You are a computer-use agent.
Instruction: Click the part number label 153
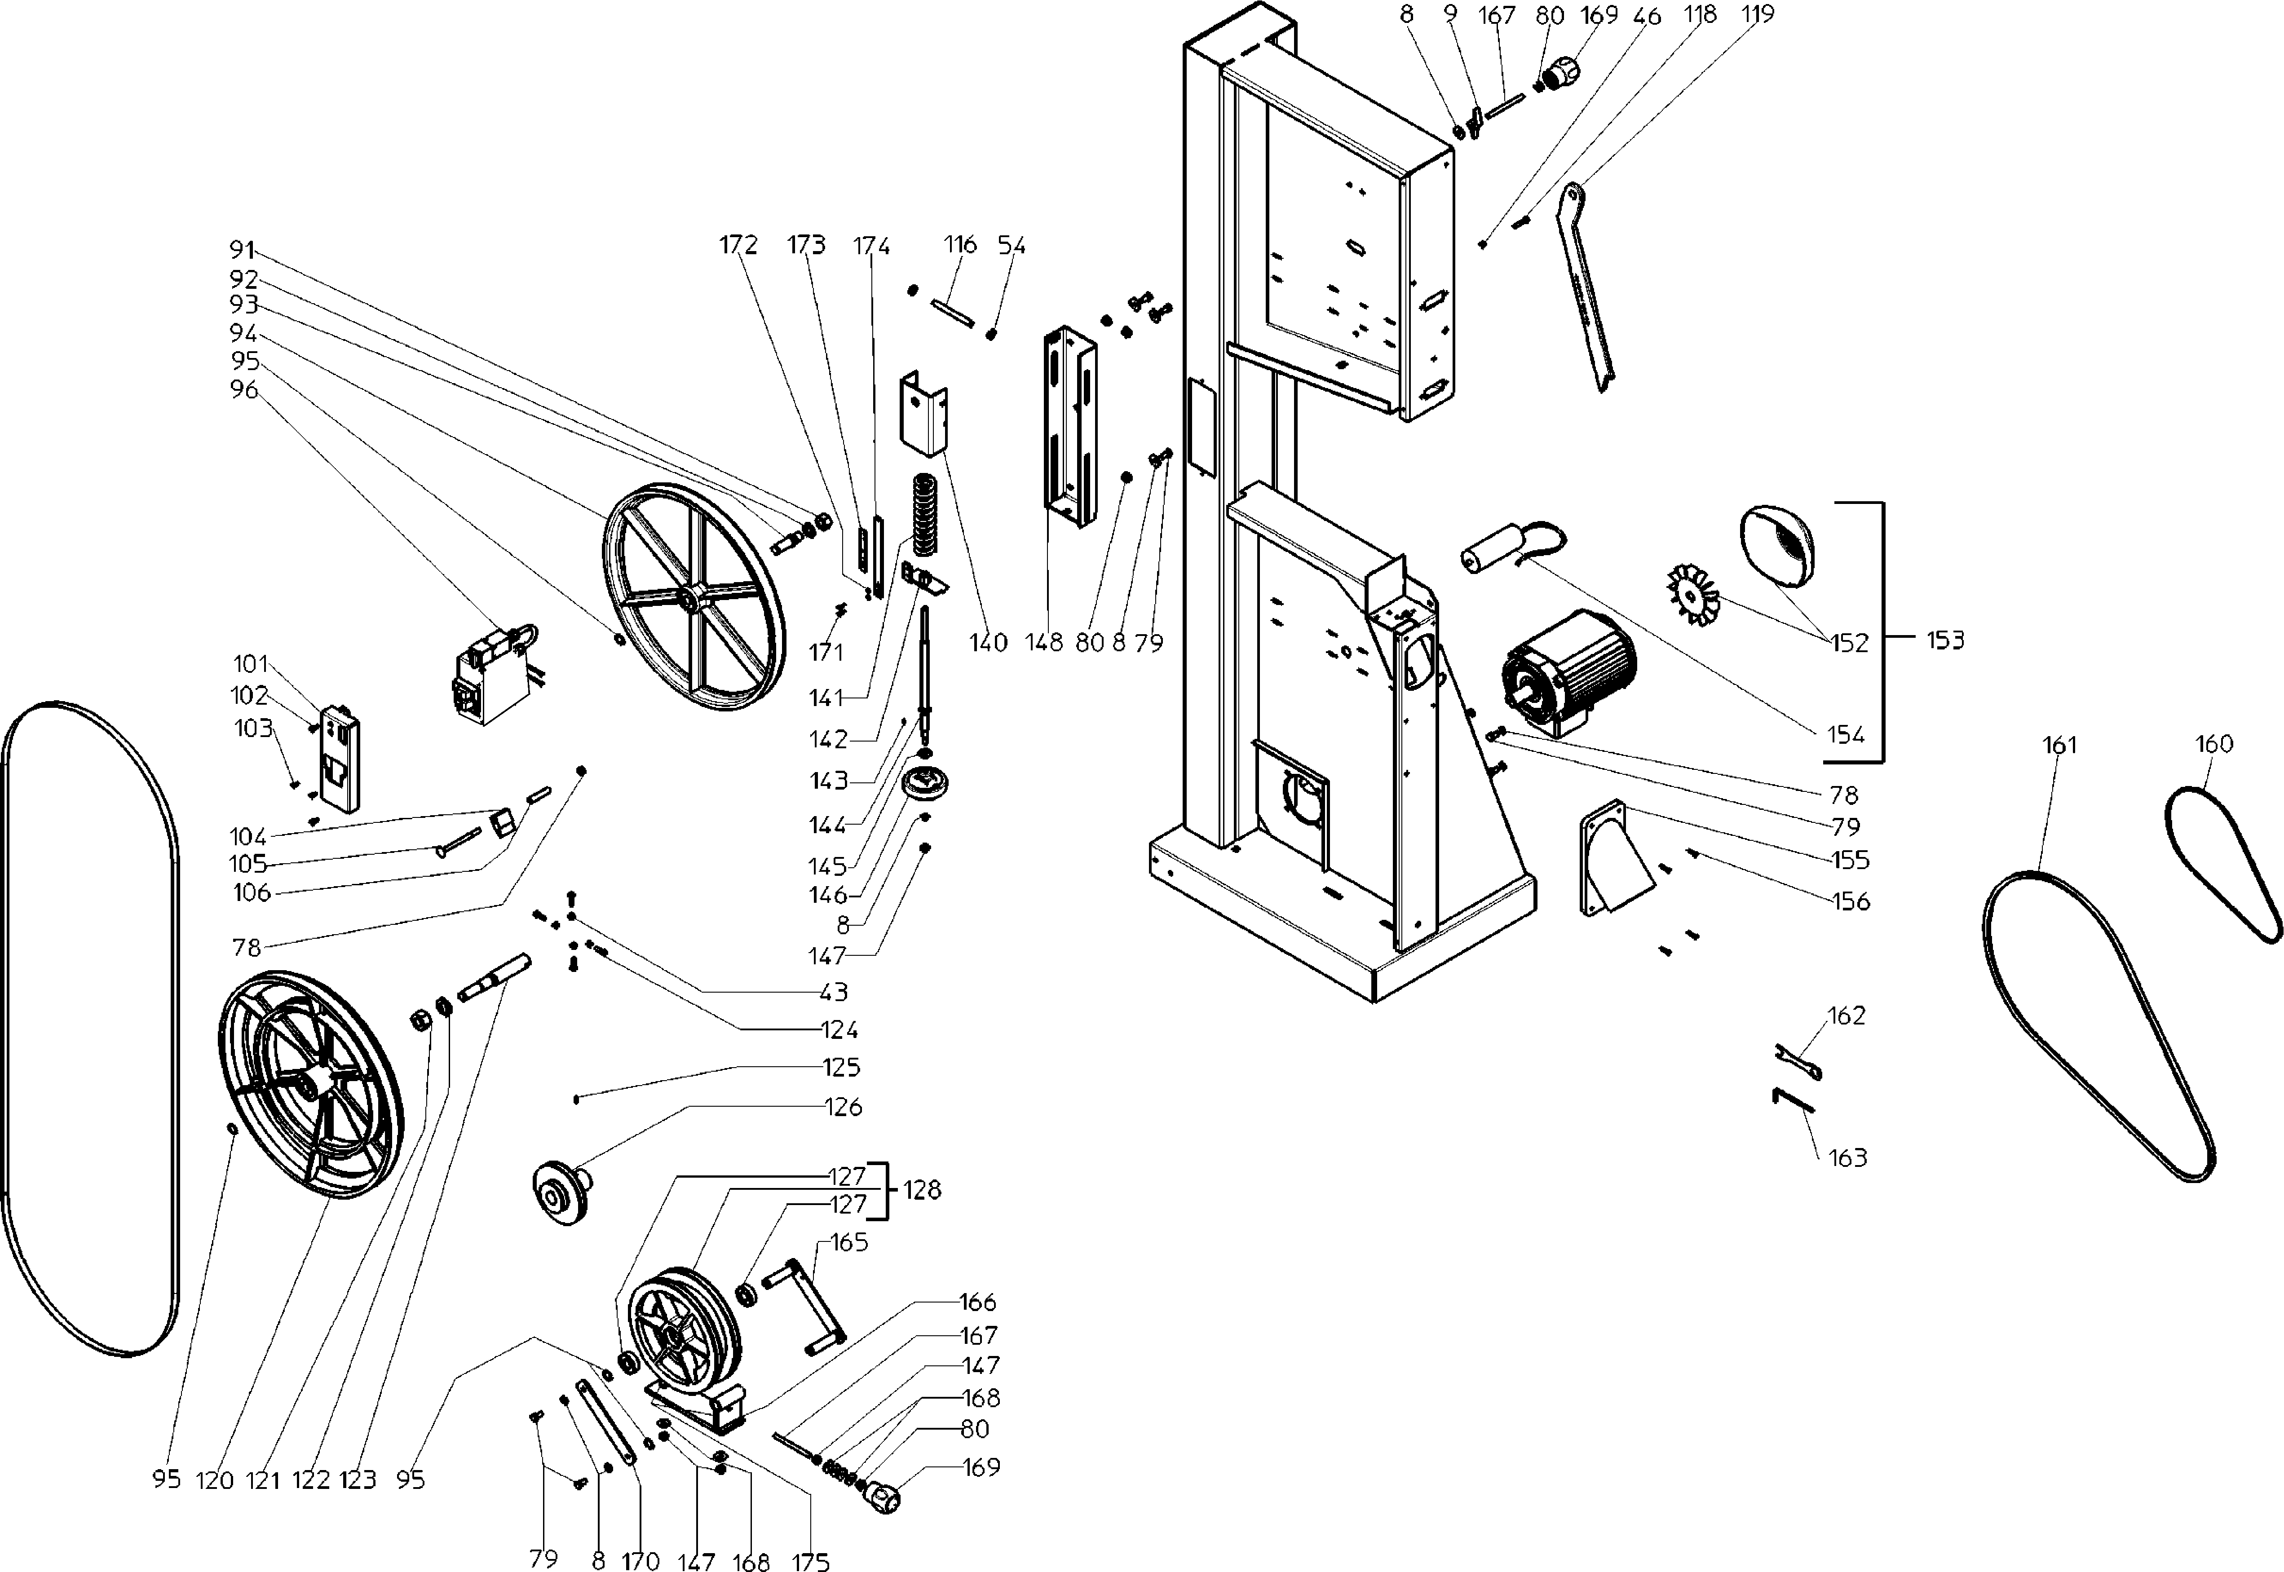pos(1944,640)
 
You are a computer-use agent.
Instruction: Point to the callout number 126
pos(844,1107)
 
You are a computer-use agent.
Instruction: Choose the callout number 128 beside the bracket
pos(922,1190)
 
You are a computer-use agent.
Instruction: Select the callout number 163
pos(1848,1158)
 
